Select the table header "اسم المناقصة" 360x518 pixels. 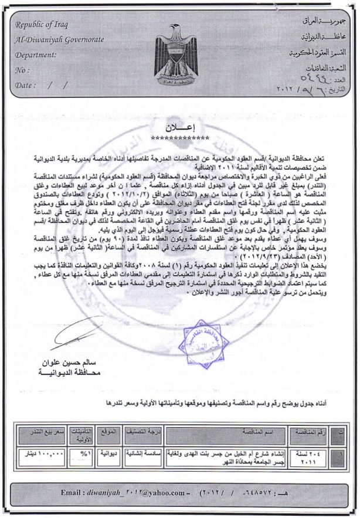tap(238, 434)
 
